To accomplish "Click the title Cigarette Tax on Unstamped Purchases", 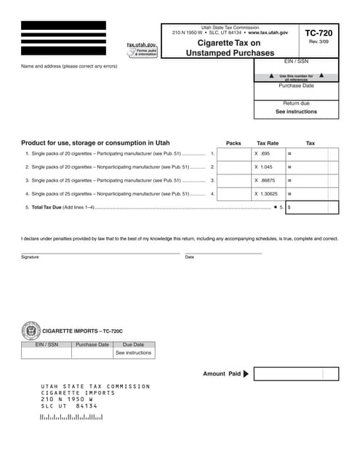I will (230, 48).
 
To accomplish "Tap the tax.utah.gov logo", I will (142, 49).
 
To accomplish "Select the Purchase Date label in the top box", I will (296, 86).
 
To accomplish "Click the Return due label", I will (296, 103).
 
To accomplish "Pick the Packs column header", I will (233, 143).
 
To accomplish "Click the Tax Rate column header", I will (268, 143).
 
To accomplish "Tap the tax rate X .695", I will (262, 154).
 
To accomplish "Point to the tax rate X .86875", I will (265, 180).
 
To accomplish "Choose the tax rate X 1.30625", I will (267, 194).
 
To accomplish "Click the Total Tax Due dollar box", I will (313, 207).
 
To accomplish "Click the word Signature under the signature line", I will (30, 257).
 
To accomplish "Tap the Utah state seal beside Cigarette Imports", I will (31, 331).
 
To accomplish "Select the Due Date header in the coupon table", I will (133, 344).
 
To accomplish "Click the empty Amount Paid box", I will (296, 374).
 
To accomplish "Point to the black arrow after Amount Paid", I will (246, 374).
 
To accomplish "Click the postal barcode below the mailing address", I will (71, 418).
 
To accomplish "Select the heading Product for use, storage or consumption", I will (95, 143).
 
